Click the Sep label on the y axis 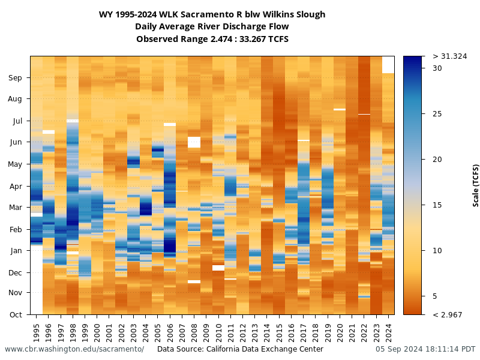pyautogui.click(x=16, y=77)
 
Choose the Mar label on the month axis pyautogui.click(x=16, y=208)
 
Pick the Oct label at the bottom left pyautogui.click(x=16, y=314)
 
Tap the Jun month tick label pyautogui.click(x=16, y=142)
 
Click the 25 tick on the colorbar pyautogui.click(x=437, y=114)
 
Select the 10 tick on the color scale pyautogui.click(x=437, y=250)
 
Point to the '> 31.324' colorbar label pyautogui.click(x=449, y=56)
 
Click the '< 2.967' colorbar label pyautogui.click(x=447, y=314)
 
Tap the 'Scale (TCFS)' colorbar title pyautogui.click(x=476, y=185)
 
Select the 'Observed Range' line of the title pyautogui.click(x=212, y=39)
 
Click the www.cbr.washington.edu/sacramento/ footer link pyautogui.click(x=74, y=349)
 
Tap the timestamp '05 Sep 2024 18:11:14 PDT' pyautogui.click(x=425, y=349)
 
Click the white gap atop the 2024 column pyautogui.click(x=388, y=64)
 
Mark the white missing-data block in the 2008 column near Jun pyautogui.click(x=194, y=142)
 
